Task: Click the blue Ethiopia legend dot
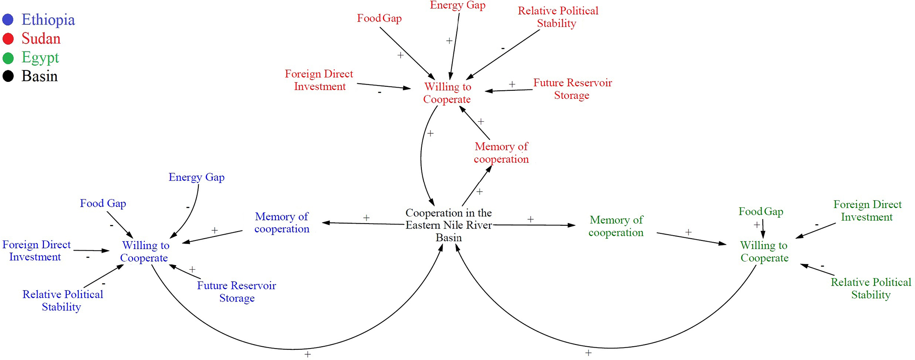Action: point(8,20)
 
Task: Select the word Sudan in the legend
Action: point(41,39)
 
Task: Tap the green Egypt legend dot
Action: point(8,58)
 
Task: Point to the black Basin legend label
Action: point(39,77)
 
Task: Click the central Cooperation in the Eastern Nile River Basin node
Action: point(448,225)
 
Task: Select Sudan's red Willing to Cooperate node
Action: point(447,93)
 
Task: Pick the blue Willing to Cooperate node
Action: point(145,252)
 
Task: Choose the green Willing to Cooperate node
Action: point(764,252)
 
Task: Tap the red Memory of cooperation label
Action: point(501,153)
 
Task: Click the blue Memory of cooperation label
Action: point(282,223)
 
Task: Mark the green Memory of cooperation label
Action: point(616,226)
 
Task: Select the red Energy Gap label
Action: point(458,5)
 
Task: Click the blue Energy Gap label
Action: point(197,177)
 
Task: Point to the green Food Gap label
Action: point(761,212)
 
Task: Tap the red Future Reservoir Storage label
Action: point(572,89)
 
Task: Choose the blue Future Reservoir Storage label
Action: point(236,292)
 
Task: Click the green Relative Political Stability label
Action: point(870,288)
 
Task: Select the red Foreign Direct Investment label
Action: point(319,80)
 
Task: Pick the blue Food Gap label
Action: point(103,203)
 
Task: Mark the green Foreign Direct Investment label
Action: point(867,211)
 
